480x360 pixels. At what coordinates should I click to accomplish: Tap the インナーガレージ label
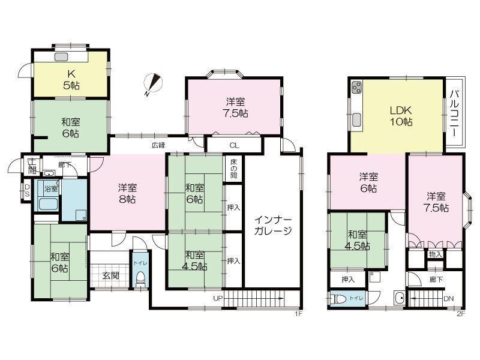[x=272, y=224]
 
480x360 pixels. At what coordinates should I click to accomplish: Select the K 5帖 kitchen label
[x=70, y=79]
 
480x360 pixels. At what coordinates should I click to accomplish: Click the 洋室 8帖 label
[x=127, y=194]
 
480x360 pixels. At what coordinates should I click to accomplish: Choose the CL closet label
[x=235, y=145]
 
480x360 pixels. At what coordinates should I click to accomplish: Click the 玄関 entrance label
[x=110, y=275]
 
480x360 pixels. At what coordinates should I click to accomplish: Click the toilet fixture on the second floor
[x=339, y=299]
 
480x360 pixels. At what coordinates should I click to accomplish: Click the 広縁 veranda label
[x=158, y=145]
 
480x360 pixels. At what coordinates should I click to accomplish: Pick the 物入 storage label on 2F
[x=436, y=254]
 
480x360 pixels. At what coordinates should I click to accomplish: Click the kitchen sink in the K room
[x=62, y=58]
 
